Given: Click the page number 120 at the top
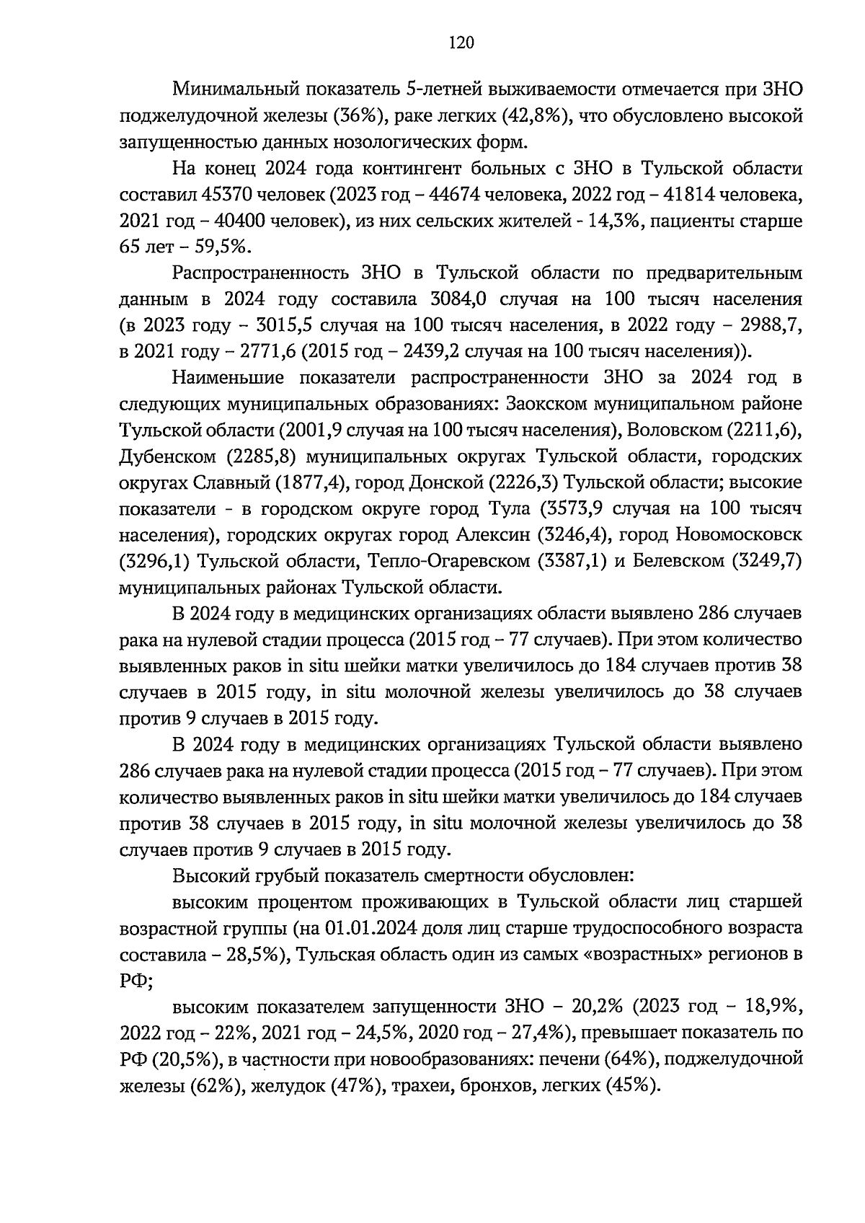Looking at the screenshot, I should (461, 43).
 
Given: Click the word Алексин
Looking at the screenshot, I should (494, 535).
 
